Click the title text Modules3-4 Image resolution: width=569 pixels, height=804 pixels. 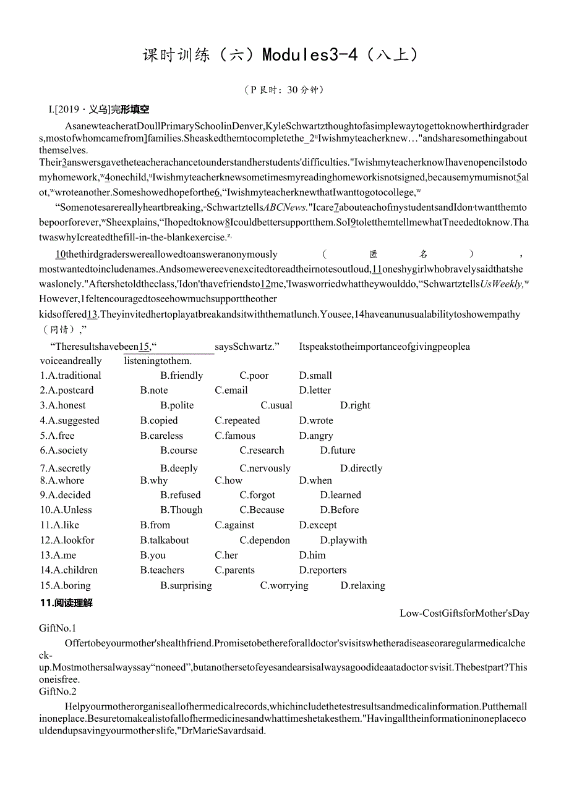tap(310, 55)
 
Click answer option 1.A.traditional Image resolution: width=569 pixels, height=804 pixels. tap(71, 376)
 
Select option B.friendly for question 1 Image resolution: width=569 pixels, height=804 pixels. tap(181, 376)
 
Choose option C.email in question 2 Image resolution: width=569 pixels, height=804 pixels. tap(231, 391)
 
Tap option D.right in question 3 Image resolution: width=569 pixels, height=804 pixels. tap(355, 405)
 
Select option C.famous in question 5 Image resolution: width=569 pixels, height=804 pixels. tap(235, 436)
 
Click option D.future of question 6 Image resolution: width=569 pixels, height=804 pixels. tap(338, 451)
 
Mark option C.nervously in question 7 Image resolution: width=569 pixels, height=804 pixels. tap(265, 468)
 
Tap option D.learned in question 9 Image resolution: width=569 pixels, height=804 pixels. tap(340, 495)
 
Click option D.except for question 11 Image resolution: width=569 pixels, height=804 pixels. tap(318, 525)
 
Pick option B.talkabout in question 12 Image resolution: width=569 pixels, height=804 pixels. tap(165, 540)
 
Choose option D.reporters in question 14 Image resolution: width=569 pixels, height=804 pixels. tap(323, 570)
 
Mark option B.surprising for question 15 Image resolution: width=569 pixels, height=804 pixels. tap(186, 586)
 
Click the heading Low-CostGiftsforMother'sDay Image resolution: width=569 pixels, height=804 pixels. tap(464, 614)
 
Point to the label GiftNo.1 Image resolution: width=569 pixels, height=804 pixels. tap(58, 628)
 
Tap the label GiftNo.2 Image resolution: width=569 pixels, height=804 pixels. tap(58, 692)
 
